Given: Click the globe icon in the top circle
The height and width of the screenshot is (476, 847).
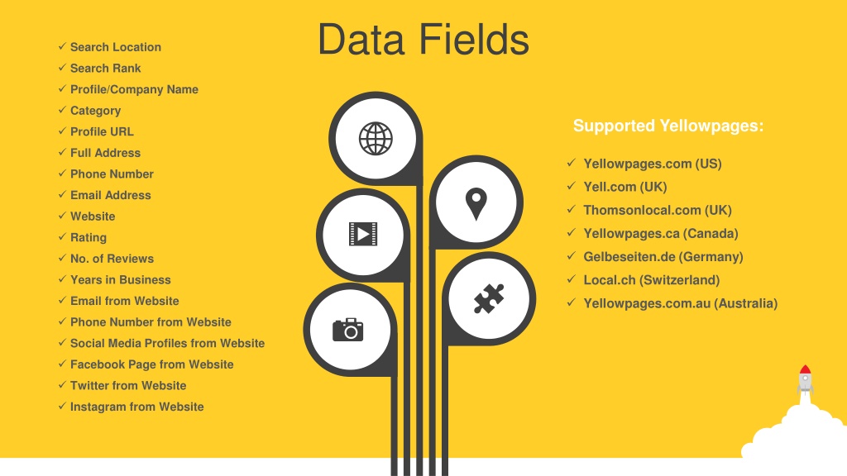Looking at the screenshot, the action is point(376,139).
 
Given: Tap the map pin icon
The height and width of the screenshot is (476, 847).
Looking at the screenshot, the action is point(476,203).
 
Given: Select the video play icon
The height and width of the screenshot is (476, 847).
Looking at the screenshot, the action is point(363,234).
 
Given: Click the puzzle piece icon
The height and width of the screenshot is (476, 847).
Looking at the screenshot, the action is point(489,298).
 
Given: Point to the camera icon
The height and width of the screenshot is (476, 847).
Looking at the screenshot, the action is point(348,330).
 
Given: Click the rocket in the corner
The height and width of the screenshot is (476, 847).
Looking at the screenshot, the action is point(805,380).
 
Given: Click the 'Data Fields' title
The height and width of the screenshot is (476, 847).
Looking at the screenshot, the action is point(423,40).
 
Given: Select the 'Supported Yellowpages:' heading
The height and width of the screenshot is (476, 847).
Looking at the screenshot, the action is point(668,126).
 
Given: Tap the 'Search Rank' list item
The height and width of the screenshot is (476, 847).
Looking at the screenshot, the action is point(105,68).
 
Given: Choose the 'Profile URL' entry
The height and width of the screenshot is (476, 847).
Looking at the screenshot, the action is point(102,131).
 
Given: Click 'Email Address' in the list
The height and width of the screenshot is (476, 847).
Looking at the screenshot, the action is point(110,195).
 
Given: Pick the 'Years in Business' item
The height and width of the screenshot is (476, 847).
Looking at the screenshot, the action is point(121,279).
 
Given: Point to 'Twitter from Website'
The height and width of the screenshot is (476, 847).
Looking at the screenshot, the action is point(128,385).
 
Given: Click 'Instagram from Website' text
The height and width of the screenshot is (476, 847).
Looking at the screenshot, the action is point(136,407).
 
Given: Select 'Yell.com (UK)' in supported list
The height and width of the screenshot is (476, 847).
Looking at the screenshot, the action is point(625,187).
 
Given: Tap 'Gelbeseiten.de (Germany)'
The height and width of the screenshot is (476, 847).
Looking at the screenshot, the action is point(663,257).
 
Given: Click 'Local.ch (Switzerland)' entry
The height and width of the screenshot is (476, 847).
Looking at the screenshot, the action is point(652,280).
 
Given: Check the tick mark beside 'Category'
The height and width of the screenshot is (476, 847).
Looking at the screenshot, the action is point(62,110).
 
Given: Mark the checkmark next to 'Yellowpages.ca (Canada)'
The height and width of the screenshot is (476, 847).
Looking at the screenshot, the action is point(572,232).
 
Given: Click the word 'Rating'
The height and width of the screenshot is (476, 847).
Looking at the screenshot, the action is point(88,237).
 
